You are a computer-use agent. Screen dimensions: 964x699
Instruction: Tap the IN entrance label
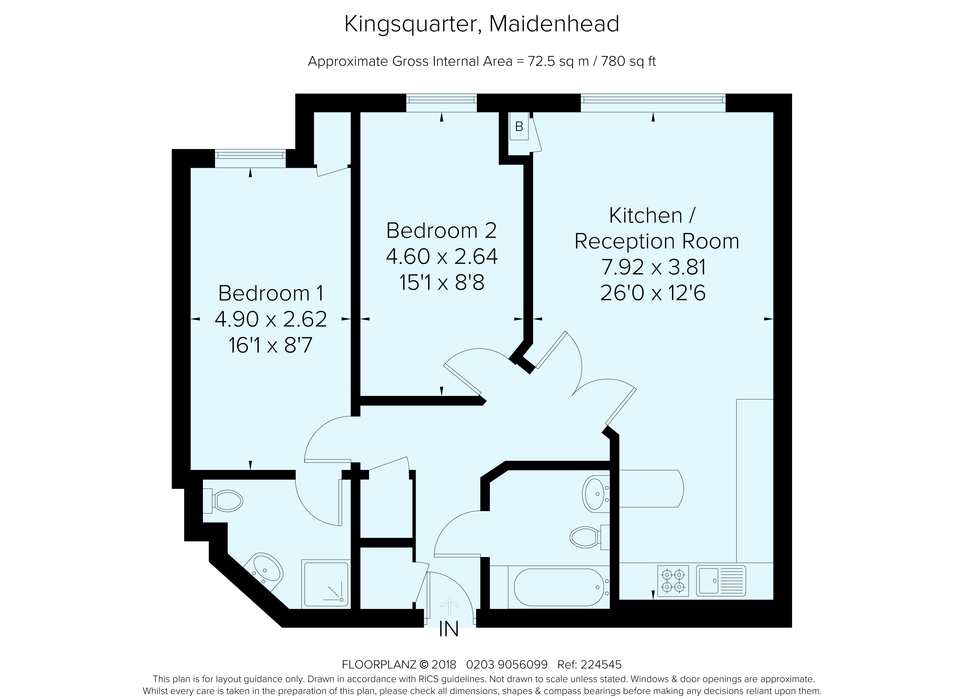[449, 630]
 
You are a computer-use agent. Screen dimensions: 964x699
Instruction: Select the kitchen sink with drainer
[721, 580]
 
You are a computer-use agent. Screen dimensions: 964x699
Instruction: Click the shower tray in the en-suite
[326, 584]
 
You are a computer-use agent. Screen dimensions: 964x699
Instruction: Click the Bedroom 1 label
[271, 293]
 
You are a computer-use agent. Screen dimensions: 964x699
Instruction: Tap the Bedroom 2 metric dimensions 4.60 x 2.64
[442, 257]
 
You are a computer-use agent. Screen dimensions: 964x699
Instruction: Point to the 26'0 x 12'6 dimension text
[653, 293]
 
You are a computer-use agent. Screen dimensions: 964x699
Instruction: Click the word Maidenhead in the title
[554, 24]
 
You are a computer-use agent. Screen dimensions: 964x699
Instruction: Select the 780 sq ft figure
[629, 62]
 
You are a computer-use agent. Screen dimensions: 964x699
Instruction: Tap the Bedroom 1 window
[250, 158]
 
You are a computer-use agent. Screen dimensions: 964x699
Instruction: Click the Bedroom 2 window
[442, 103]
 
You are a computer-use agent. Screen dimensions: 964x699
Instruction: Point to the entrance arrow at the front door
[449, 606]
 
